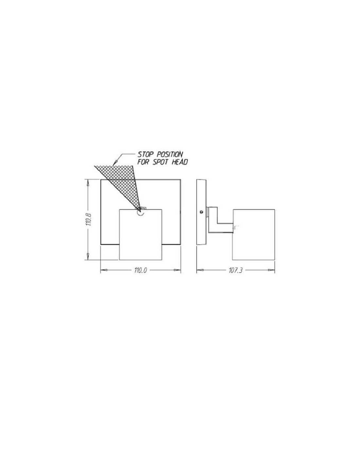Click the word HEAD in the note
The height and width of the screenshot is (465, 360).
pos(180,162)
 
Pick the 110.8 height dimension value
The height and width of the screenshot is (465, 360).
pos(90,219)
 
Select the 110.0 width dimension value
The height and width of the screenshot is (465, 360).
pos(140,270)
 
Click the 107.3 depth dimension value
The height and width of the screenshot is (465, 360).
pos(236,270)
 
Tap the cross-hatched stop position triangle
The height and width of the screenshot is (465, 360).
pos(124,180)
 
